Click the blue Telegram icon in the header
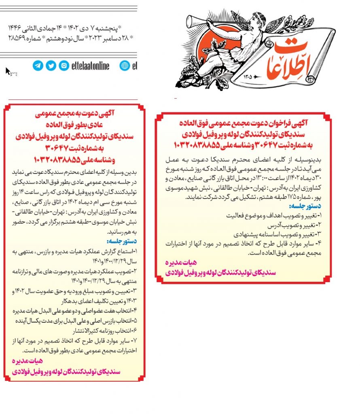pyautogui.click(x=38, y=65)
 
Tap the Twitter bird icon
pyautogui.click(x=51, y=65)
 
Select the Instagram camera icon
pyautogui.click(x=64, y=65)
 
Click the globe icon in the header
pyautogui.click(x=125, y=65)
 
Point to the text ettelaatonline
pyautogui.click(x=93, y=65)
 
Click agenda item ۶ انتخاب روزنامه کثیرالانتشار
pyautogui.click(x=108, y=330)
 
